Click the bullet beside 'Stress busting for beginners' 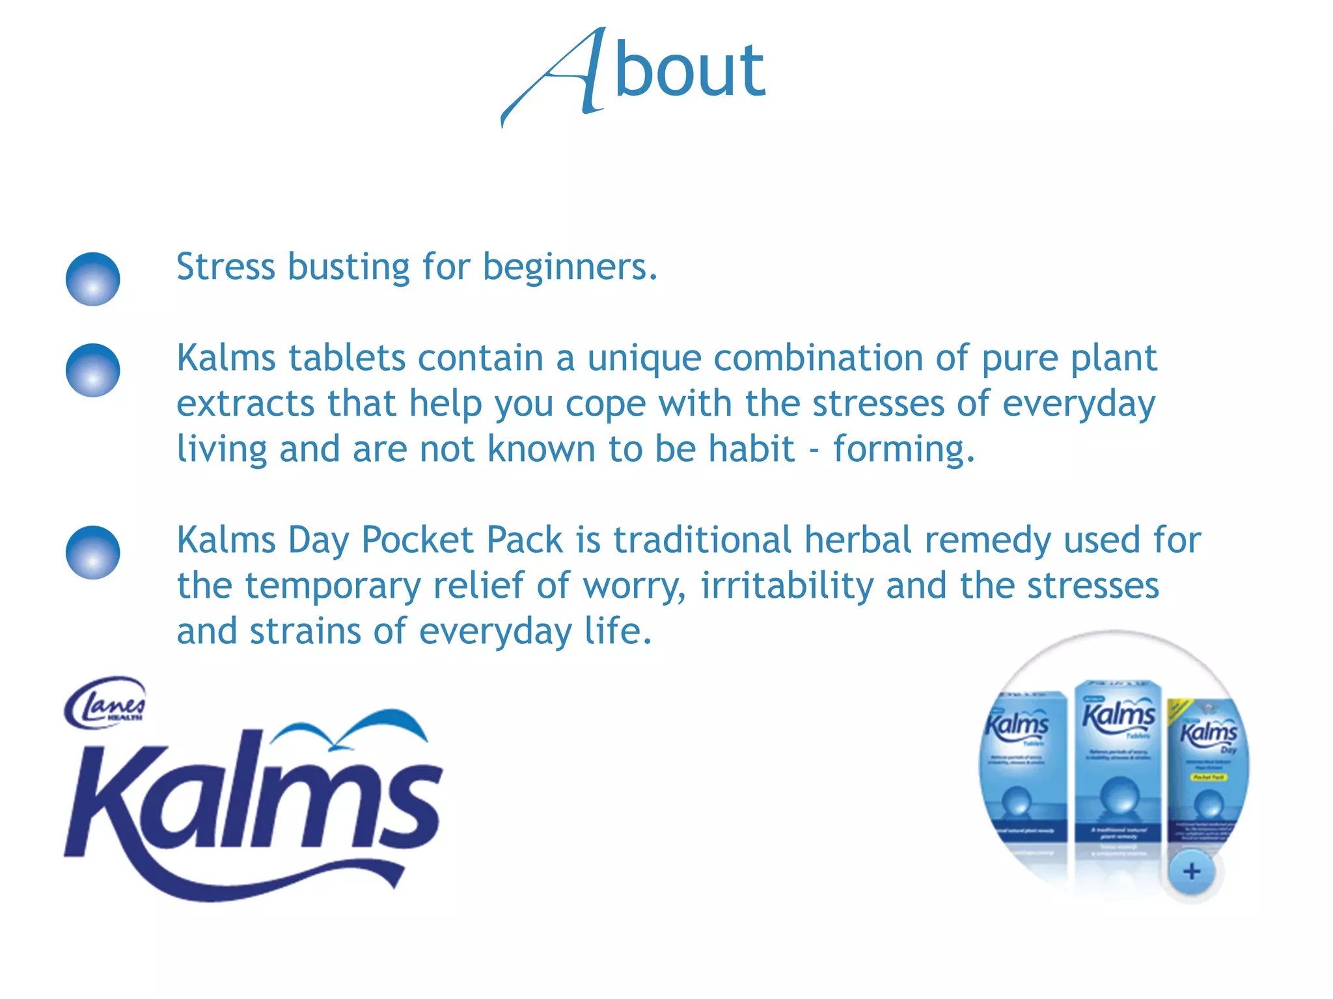(x=93, y=279)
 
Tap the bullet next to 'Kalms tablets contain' (x=93, y=370)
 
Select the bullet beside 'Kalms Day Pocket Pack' (x=93, y=552)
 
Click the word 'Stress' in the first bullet (x=226, y=267)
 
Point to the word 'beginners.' (x=570, y=268)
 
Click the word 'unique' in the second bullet (x=644, y=359)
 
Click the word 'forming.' (x=904, y=450)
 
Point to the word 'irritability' (x=787, y=586)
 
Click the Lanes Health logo (x=105, y=702)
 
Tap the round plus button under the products (x=1191, y=872)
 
